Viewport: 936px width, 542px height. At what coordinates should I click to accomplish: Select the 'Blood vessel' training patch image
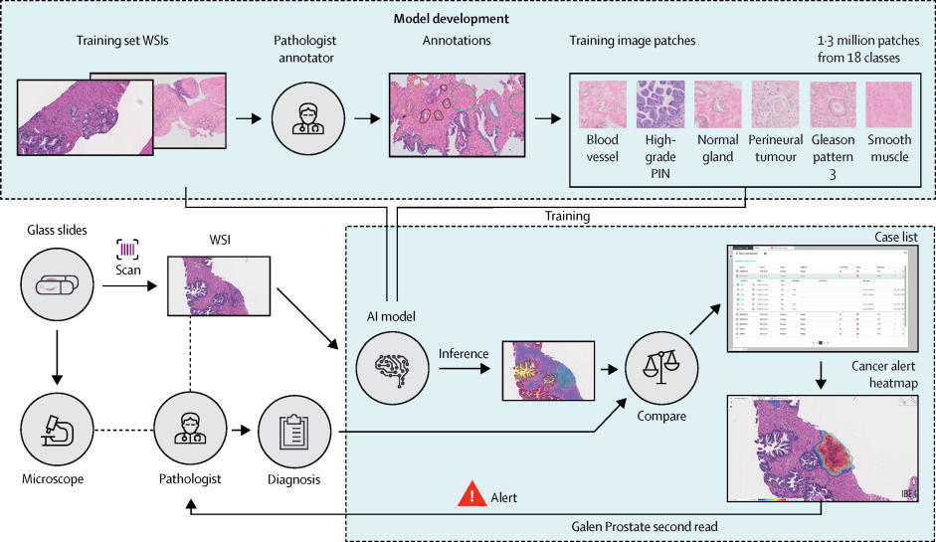click(602, 102)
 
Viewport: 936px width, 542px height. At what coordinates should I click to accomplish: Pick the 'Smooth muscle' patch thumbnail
click(888, 102)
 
